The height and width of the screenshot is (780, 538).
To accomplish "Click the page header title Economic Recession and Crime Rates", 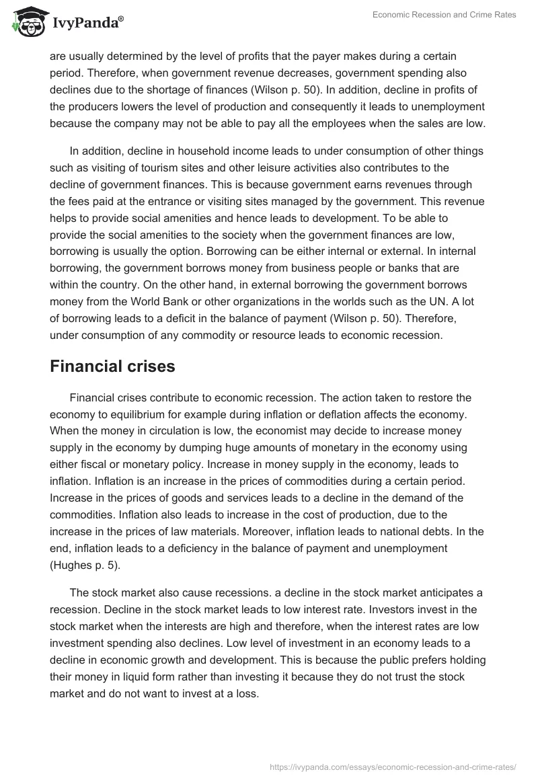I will click(445, 15).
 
